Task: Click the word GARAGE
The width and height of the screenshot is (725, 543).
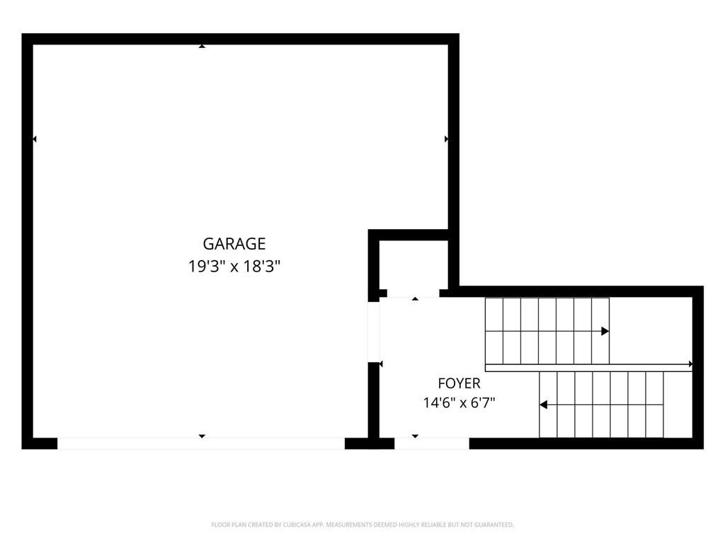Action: tap(234, 243)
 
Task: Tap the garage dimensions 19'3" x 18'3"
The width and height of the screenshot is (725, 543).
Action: tap(234, 267)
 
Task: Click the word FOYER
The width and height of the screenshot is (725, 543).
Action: tap(459, 383)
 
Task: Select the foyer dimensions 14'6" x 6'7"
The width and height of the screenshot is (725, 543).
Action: tap(459, 402)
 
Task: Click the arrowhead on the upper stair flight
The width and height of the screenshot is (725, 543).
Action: tap(605, 331)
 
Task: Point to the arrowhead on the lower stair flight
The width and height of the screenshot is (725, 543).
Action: tap(544, 404)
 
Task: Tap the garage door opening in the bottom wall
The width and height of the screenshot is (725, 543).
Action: tap(201, 443)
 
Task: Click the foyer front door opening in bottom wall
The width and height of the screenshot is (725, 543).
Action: tap(432, 443)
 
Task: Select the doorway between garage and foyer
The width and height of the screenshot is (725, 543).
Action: tap(374, 332)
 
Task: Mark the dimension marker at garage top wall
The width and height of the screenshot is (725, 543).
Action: tap(202, 46)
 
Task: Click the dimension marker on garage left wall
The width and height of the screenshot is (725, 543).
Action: tap(34, 139)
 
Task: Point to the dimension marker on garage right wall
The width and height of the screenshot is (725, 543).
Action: tap(446, 139)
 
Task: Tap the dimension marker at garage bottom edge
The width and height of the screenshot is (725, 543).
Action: tap(202, 436)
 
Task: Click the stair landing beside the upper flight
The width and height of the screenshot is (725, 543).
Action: tap(651, 331)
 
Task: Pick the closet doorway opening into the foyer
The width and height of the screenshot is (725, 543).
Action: tap(413, 293)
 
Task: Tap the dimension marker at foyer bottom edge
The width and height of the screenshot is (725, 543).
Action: tap(415, 436)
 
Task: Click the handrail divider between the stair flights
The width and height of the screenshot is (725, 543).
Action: tap(588, 368)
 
